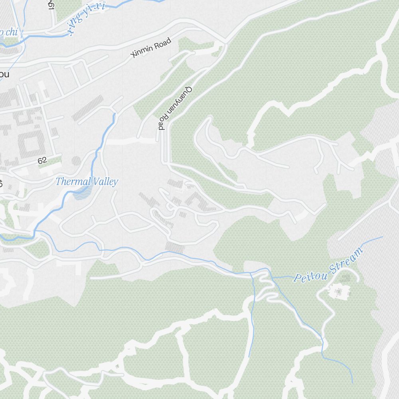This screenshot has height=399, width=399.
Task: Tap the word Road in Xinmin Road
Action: point(163,42)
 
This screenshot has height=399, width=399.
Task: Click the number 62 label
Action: point(42,160)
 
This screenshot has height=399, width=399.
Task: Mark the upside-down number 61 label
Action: point(51,4)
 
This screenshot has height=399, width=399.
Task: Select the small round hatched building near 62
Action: point(76,161)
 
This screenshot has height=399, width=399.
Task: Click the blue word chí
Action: point(12,32)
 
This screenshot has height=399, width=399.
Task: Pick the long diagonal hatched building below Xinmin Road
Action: point(87,108)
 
